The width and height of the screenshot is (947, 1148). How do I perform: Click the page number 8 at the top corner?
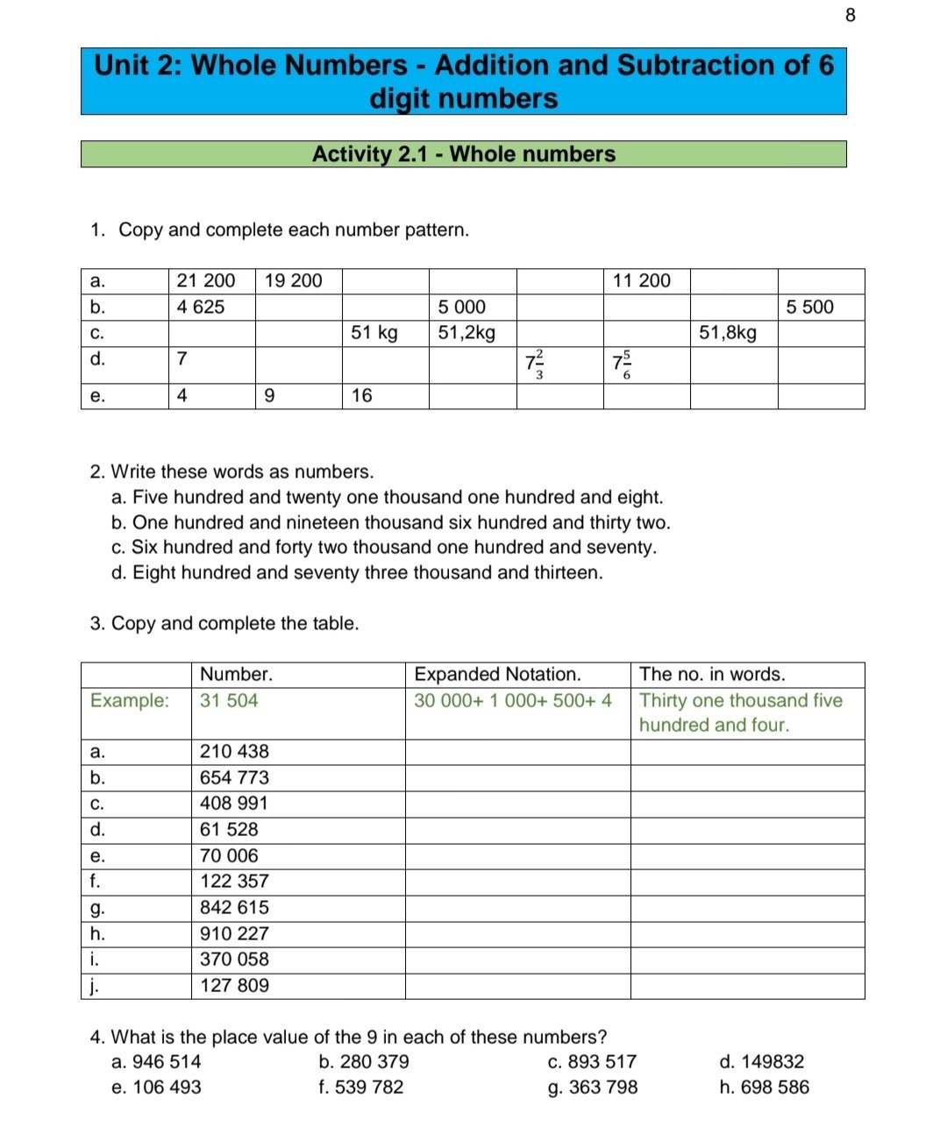pos(850,15)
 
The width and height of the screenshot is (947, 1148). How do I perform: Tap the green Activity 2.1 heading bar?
pos(463,154)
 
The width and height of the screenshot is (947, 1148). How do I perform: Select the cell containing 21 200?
pos(206,280)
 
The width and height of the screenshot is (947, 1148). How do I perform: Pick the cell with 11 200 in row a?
pos(642,280)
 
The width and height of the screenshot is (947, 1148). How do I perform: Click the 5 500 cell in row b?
pos(809,307)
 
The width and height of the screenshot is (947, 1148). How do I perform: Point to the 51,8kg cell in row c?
pos(728,333)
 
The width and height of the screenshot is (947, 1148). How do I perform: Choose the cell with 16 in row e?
pos(362,395)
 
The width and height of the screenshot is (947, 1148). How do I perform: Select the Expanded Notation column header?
pos(497,675)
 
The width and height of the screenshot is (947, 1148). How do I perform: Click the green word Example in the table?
pos(129,700)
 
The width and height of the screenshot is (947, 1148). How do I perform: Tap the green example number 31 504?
pos(229,700)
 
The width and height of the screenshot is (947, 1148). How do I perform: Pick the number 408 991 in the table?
pos(234,803)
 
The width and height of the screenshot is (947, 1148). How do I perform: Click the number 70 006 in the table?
pos(229,855)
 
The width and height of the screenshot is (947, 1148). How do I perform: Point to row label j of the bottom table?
pos(93,986)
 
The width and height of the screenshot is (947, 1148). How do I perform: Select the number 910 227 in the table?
pos(234,933)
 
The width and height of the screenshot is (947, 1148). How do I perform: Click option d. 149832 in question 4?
pos(761,1062)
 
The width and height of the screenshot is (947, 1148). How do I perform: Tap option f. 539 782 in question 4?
pos(361,1088)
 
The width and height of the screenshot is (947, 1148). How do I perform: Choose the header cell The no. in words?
pos(712,675)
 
